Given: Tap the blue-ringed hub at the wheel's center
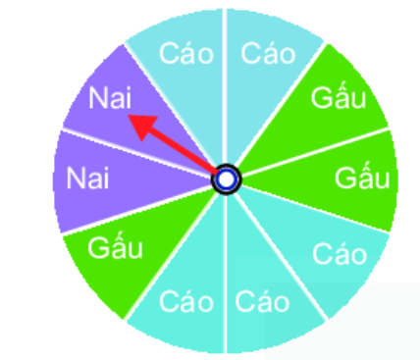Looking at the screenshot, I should click(227, 180).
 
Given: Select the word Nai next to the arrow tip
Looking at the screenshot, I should click(111, 99).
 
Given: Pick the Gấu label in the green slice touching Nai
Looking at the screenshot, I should click(116, 248).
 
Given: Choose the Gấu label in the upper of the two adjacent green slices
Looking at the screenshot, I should click(339, 98).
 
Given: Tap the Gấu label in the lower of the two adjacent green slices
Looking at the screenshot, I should click(362, 180).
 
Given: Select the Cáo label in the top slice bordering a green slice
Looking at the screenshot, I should click(269, 53).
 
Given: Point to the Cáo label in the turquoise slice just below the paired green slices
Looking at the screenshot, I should click(340, 256).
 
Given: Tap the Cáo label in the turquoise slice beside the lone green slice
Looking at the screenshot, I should click(185, 297).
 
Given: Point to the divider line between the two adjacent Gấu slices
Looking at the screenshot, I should click(324, 147).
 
